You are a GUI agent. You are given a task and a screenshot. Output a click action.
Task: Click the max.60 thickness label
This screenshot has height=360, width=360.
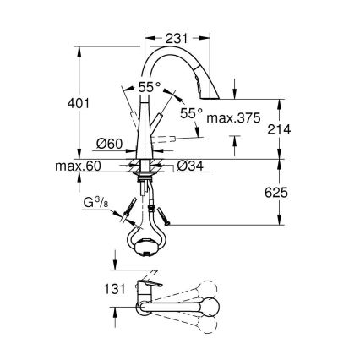click(x=83, y=166)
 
